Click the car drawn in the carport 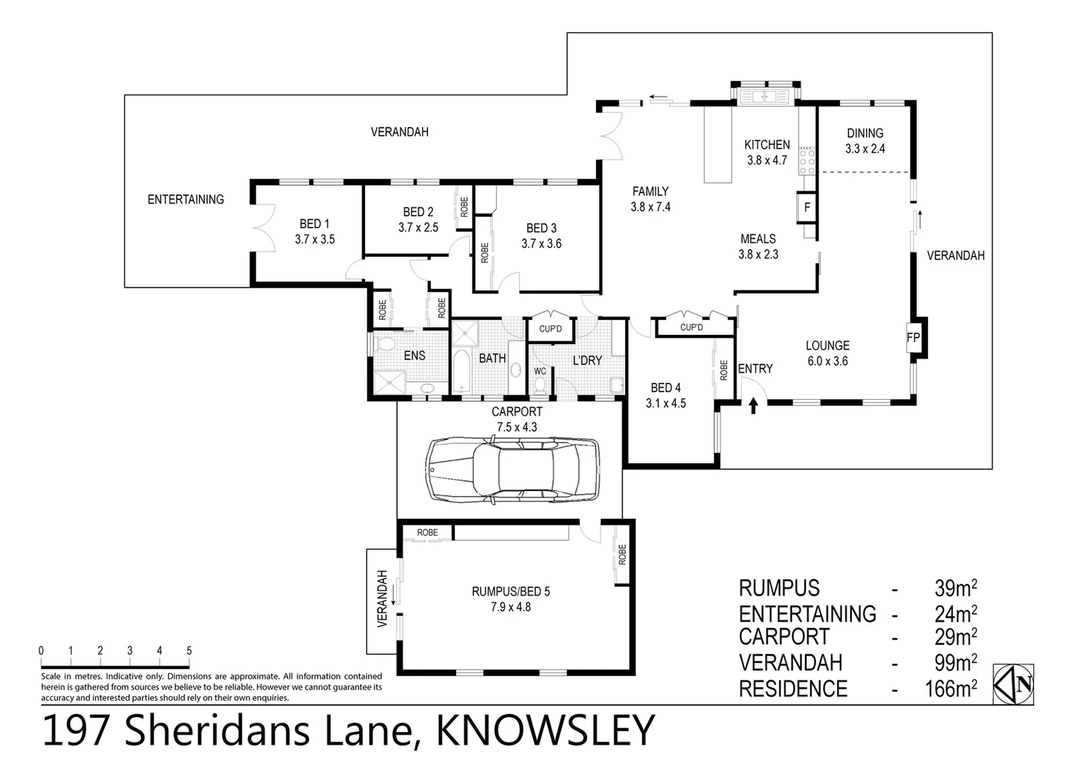click(512, 469)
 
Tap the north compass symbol click(1014, 684)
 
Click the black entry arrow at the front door click(753, 406)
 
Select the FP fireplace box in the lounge click(913, 338)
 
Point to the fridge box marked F click(807, 208)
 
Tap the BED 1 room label click(314, 224)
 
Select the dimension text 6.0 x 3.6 click(827, 361)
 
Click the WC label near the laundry click(540, 371)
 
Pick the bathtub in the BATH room click(461, 370)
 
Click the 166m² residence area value click(951, 688)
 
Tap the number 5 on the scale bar click(189, 651)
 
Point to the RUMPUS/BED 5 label click(511, 591)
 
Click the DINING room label click(865, 133)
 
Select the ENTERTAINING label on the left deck click(185, 200)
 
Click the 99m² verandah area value click(955, 663)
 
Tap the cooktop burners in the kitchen click(806, 161)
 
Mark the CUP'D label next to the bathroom click(550, 329)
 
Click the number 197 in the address click(76, 731)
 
